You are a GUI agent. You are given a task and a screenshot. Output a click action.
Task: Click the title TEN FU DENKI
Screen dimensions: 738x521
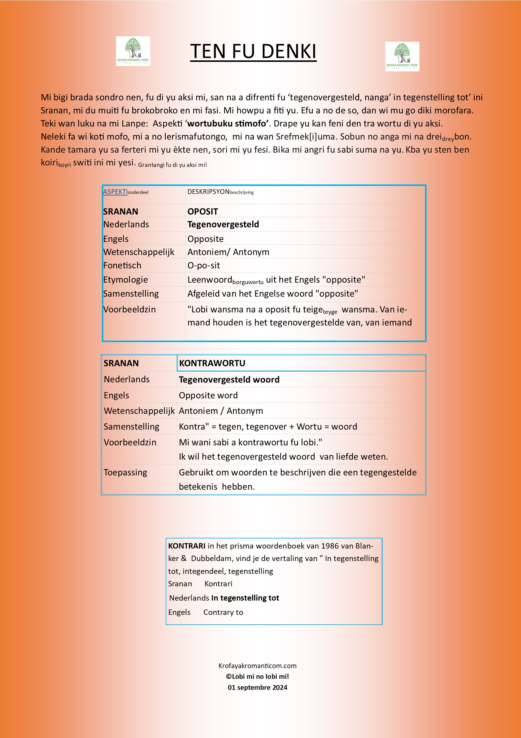(253, 51)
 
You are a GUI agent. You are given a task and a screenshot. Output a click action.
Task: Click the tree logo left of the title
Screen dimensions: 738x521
(133, 51)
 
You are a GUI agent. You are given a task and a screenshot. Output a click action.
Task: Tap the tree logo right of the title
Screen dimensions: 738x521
(402, 57)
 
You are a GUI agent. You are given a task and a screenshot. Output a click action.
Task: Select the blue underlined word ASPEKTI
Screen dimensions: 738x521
(115, 192)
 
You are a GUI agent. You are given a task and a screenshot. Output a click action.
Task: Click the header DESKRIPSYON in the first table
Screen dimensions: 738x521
(208, 192)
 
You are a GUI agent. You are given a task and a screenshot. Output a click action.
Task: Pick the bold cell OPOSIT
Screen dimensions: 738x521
(203, 211)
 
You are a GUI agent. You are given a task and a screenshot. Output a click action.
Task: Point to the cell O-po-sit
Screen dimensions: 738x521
(203, 266)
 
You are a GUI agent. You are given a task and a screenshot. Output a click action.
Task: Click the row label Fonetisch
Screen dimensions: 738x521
(122, 266)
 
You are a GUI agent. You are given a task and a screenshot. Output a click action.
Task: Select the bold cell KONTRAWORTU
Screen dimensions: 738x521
(212, 363)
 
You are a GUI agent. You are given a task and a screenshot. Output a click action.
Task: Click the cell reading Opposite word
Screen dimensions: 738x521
(208, 395)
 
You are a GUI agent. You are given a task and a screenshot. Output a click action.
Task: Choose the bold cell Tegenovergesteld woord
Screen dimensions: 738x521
(229, 380)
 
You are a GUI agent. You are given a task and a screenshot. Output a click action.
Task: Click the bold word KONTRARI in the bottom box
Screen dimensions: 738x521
(187, 546)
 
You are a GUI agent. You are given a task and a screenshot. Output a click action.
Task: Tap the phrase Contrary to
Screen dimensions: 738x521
(223, 612)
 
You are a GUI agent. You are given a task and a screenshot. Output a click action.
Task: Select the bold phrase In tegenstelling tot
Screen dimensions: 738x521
(245, 598)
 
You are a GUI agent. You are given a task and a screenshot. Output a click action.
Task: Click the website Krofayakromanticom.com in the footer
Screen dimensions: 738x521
(257, 666)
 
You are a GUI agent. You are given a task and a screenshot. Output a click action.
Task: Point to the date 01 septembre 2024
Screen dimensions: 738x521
(257, 687)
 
